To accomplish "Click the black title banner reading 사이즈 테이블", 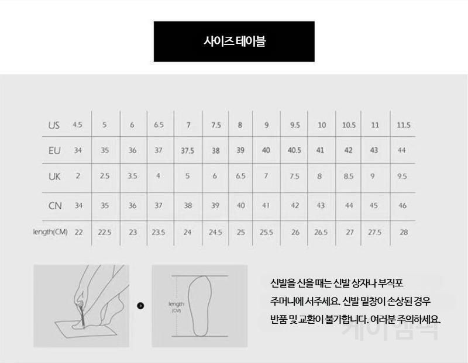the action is pyautogui.click(x=234, y=42).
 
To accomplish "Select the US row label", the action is pyautogui.click(x=54, y=125).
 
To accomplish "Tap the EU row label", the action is pyautogui.click(x=54, y=151).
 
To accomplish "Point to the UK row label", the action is pyautogui.click(x=54, y=177).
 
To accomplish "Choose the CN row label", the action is pyautogui.click(x=55, y=206).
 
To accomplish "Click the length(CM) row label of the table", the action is pyautogui.click(x=50, y=231).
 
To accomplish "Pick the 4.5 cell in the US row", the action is pyautogui.click(x=77, y=125).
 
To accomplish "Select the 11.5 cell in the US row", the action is pyautogui.click(x=404, y=125).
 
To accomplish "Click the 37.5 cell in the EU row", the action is pyautogui.click(x=187, y=151).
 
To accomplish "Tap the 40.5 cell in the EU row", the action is pyautogui.click(x=294, y=150).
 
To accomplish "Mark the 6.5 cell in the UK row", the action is pyautogui.click(x=240, y=176).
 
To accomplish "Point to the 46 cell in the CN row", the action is pyautogui.click(x=402, y=206).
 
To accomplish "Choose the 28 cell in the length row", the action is pyautogui.click(x=404, y=232).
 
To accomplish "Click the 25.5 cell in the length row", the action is pyautogui.click(x=266, y=232).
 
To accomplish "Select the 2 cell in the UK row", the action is pyautogui.click(x=78, y=176).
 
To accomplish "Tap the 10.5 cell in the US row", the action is pyautogui.click(x=349, y=125).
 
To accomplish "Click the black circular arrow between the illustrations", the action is pyautogui.click(x=140, y=306).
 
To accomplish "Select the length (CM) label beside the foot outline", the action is pyautogui.click(x=177, y=307).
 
